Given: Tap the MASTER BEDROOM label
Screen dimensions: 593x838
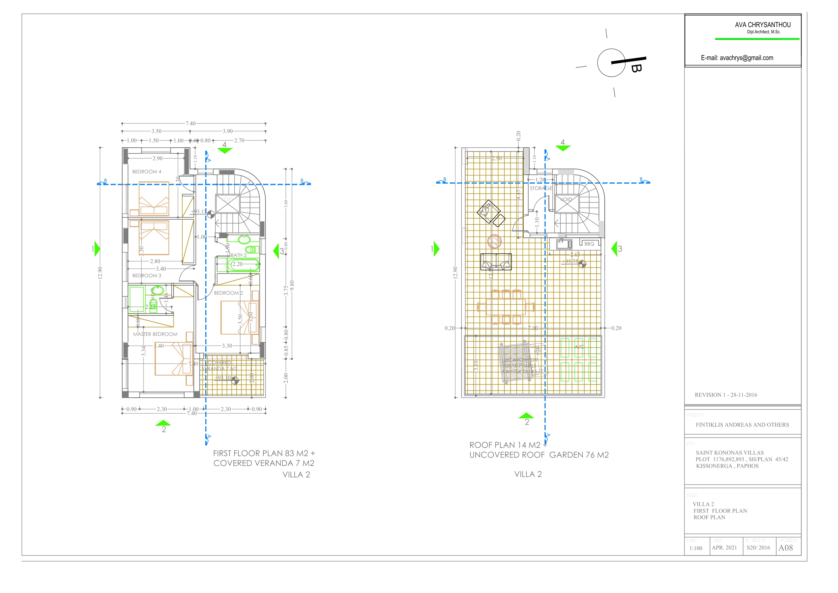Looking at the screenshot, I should coord(155,334).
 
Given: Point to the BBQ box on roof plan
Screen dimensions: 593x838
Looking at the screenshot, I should coord(589,244).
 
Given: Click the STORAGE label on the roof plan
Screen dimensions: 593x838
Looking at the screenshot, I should coord(541,188).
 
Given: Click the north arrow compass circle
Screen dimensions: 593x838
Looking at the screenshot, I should coord(611,63).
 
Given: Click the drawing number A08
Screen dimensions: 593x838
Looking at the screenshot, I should coord(785,548).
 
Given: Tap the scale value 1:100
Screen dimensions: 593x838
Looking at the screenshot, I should coord(696,548).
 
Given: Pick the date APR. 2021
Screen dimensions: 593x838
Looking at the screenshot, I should coord(724,548).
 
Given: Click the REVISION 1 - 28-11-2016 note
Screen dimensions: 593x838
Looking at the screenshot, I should coord(726,395).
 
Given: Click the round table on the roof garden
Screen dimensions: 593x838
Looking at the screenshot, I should coord(494,242).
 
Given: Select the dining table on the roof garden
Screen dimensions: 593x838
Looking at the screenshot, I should coord(505,307).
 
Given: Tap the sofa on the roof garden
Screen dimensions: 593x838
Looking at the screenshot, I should coord(496,262).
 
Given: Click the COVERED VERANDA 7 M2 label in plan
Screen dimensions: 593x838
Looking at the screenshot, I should coord(219,366).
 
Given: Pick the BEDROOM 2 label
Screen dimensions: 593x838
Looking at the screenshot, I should coord(228,293).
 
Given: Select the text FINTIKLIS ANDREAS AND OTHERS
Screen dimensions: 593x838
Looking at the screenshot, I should coord(742,425).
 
